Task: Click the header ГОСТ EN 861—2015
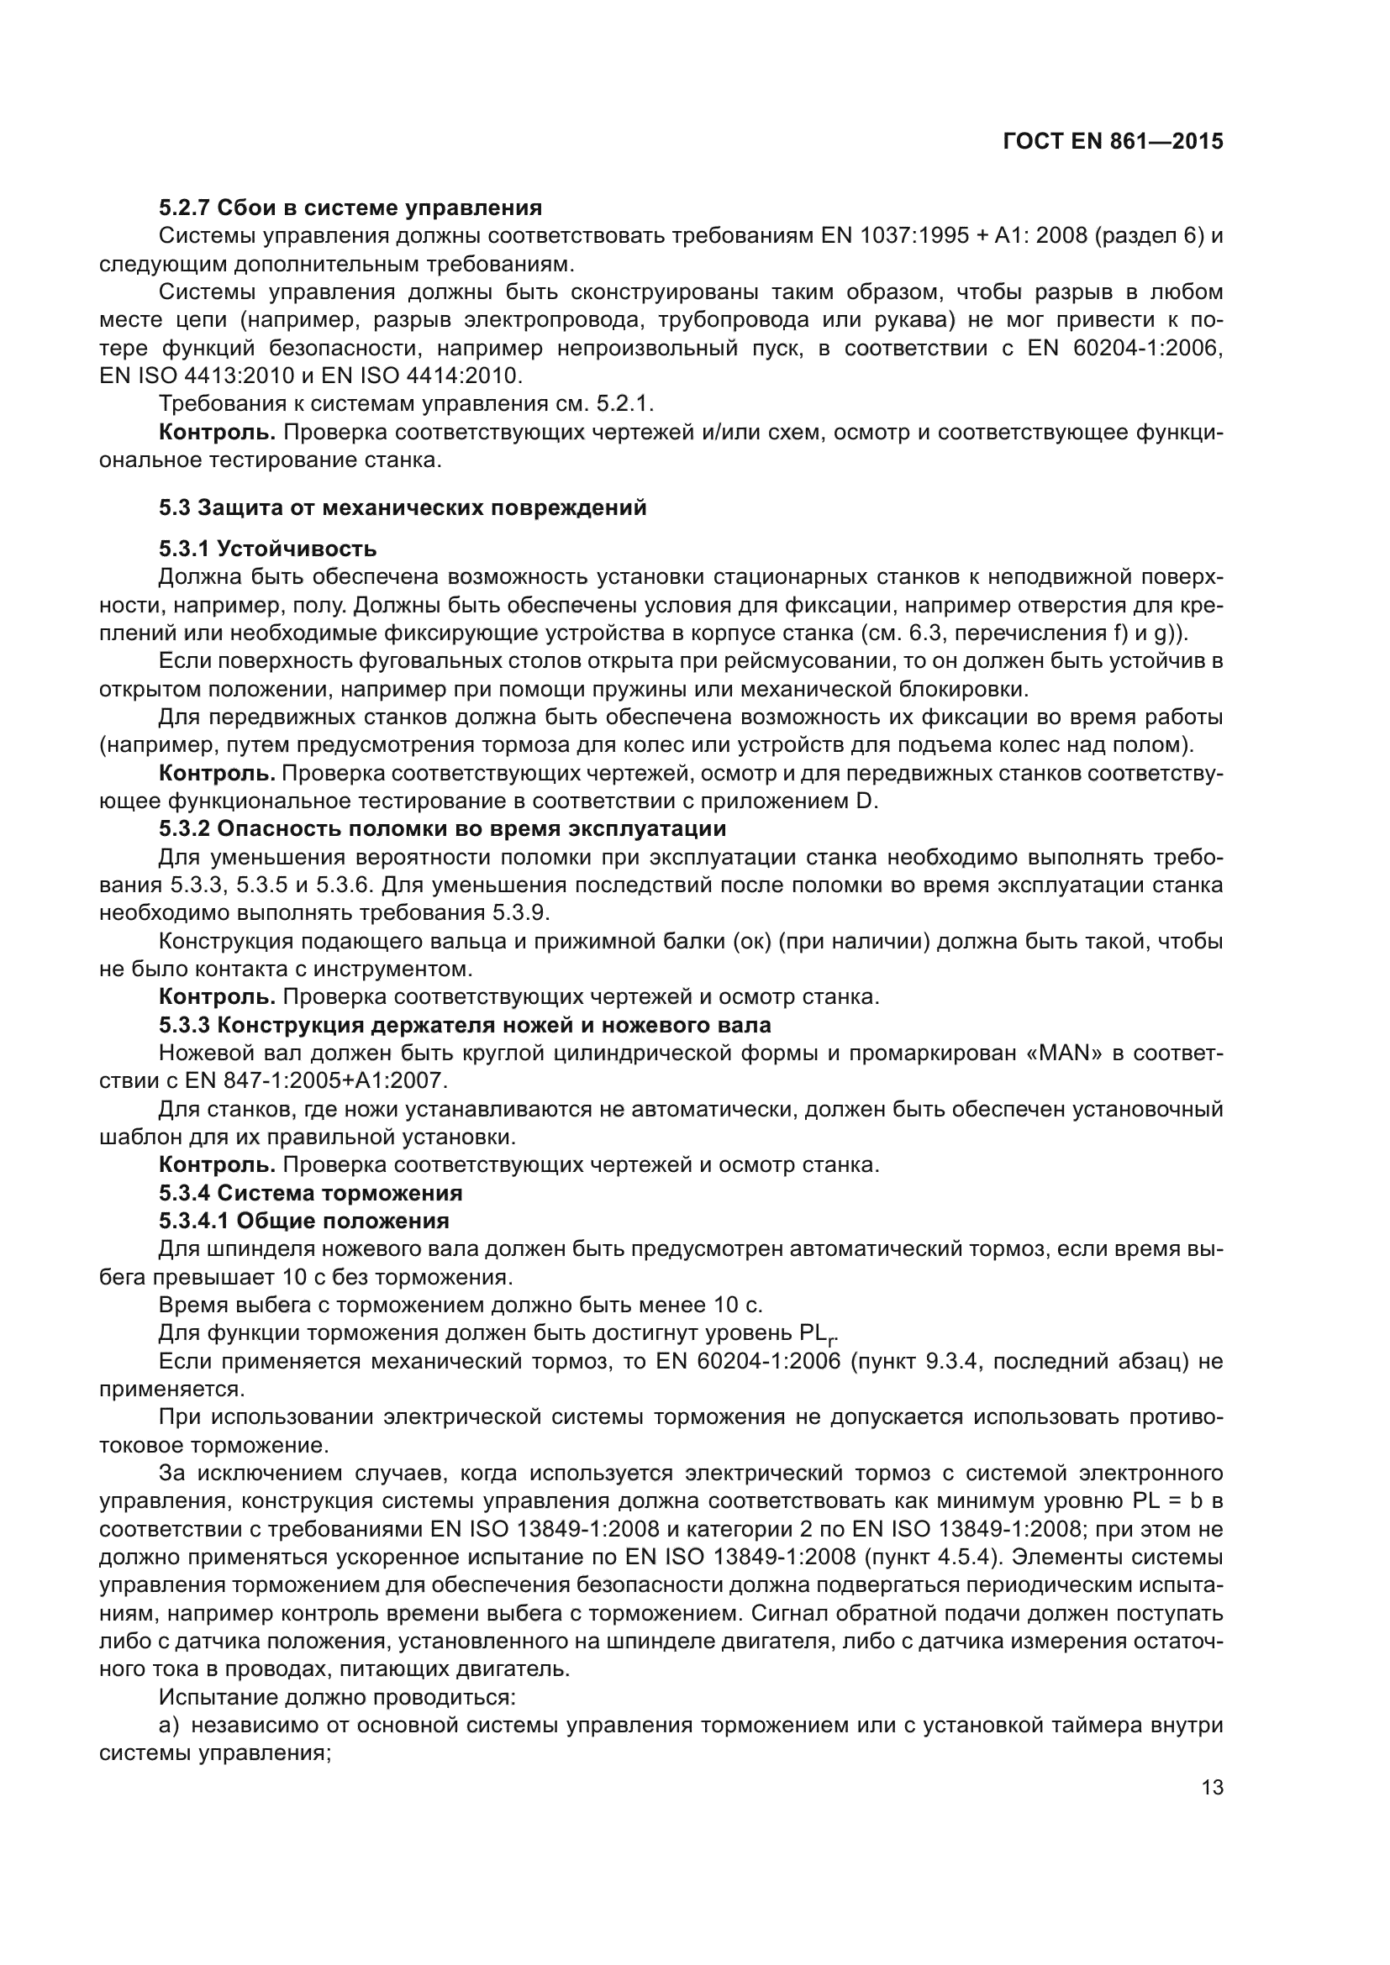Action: (x=1113, y=142)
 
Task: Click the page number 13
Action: (x=1212, y=1787)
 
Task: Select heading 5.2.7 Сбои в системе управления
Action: (x=350, y=208)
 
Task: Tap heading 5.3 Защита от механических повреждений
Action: (x=403, y=507)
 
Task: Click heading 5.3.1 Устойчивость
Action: (x=267, y=549)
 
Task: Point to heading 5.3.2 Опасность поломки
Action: (x=442, y=828)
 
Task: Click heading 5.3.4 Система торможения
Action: (x=310, y=1192)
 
